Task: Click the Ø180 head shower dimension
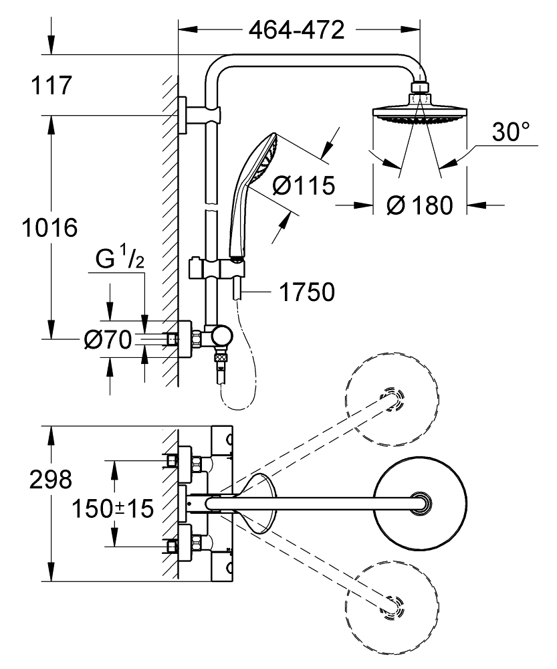click(419, 205)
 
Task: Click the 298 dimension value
click(51, 480)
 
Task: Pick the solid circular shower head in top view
click(419, 503)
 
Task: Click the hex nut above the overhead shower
click(419, 88)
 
